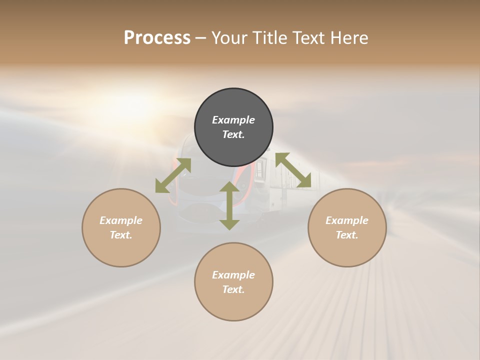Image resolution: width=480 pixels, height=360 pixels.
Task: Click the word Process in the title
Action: pos(157,38)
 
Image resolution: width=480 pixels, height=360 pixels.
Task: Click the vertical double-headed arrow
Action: pos(229,205)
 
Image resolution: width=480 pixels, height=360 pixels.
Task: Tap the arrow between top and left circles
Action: pos(173,175)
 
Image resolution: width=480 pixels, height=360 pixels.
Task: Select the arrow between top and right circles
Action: pos(293,170)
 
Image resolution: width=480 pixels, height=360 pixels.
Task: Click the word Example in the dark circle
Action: pos(233,120)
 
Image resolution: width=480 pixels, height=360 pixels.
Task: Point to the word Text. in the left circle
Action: pos(121,235)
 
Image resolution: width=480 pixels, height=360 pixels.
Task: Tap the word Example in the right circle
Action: pos(347,220)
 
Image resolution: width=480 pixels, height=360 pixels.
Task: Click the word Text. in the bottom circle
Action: pos(233,289)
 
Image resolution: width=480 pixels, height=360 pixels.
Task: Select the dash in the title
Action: pos(201,38)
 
